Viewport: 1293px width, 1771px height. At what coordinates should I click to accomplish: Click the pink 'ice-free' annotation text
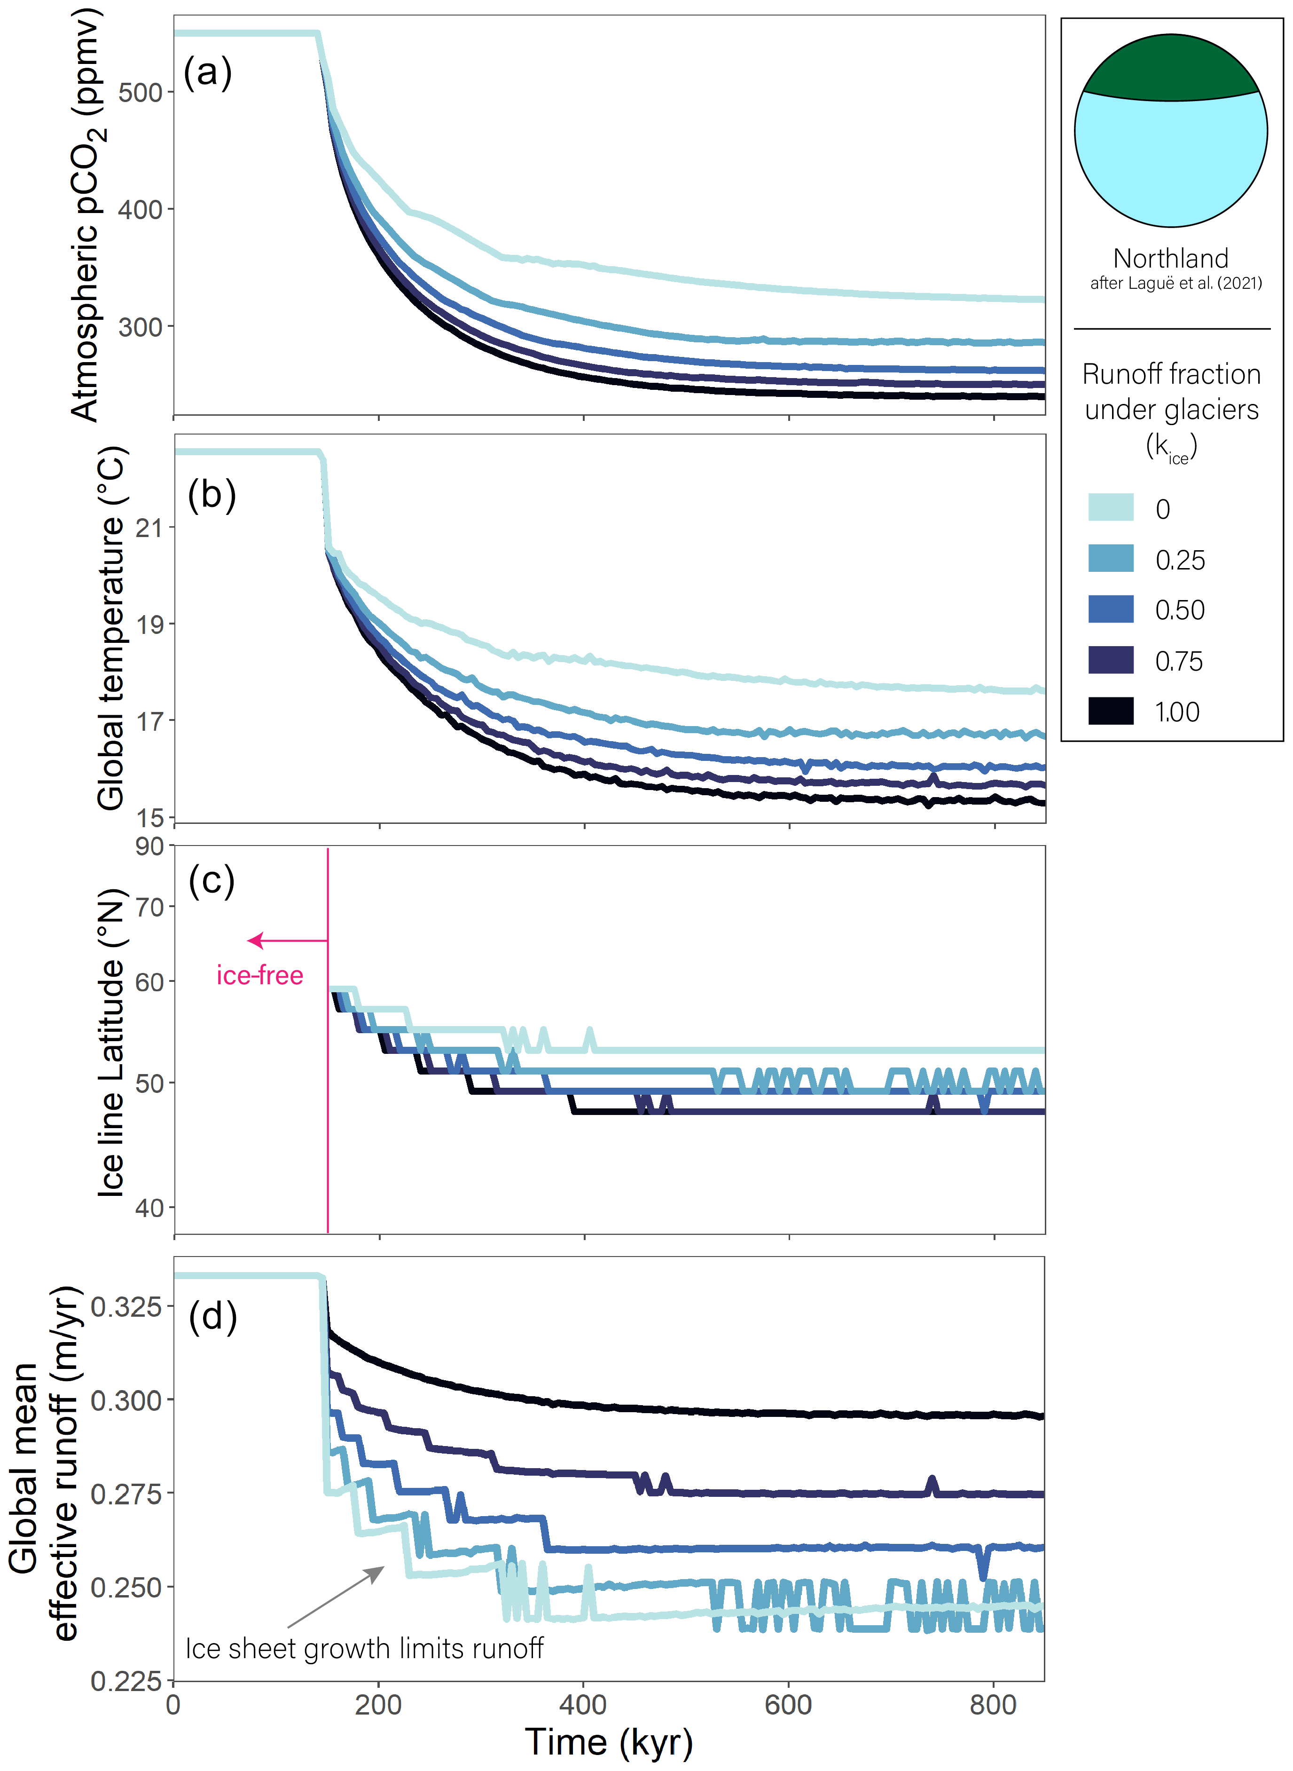(260, 975)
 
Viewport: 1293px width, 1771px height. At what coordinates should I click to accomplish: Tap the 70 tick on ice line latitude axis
(149, 908)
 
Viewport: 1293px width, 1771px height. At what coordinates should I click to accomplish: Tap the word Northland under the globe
(1170, 258)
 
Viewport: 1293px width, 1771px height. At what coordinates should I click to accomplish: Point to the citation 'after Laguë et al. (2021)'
(1175, 284)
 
